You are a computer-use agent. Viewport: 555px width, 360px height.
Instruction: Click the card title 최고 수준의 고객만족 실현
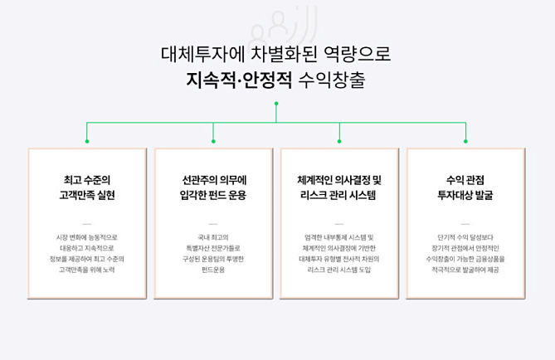[87, 187]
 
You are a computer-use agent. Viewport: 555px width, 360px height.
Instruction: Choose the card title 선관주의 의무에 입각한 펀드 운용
[213, 187]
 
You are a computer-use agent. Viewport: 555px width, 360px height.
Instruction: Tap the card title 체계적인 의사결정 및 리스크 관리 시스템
[338, 187]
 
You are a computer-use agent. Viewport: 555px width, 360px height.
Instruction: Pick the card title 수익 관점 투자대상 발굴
[465, 187]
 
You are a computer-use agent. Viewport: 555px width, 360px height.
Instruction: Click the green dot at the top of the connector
[276, 104]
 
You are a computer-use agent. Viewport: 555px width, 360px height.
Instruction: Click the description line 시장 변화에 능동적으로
[87, 236]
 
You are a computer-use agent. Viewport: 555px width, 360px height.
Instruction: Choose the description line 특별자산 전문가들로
[213, 247]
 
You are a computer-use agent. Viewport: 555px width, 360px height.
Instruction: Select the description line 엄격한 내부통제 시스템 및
[338, 236]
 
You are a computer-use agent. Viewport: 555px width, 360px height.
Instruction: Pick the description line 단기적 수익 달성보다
[465, 236]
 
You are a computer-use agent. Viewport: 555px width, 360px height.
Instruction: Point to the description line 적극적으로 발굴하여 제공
[465, 269]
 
